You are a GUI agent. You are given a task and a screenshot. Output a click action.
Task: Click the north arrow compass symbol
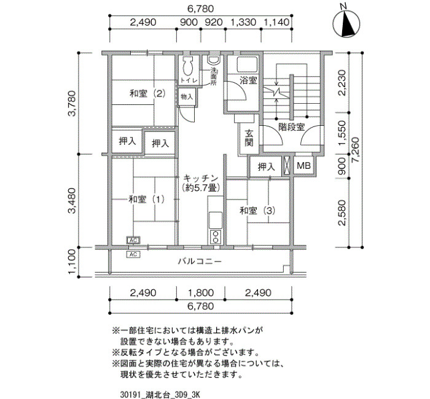tap(346, 23)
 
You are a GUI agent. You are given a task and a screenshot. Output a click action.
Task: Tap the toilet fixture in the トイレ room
tap(188, 66)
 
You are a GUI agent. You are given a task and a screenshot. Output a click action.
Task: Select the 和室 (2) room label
tap(147, 94)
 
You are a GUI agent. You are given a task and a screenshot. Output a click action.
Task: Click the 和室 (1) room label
tap(147, 199)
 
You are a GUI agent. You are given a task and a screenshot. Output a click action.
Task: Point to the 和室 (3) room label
tap(257, 211)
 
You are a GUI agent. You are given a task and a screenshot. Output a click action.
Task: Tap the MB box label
tap(303, 166)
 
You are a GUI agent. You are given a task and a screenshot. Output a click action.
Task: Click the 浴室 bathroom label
tap(248, 80)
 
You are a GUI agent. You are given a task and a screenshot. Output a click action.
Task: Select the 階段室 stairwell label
tap(292, 127)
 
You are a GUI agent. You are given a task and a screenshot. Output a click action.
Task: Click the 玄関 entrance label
tap(249, 138)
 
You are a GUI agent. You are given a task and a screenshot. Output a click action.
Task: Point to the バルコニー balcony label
tap(200, 261)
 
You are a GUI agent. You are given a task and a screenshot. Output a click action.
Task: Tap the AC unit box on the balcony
tap(133, 254)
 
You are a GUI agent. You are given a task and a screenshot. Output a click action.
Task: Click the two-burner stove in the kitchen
tap(216, 237)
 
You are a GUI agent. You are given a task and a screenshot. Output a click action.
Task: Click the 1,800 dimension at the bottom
tap(201, 293)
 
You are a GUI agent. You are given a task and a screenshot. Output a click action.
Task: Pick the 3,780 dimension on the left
tap(72, 103)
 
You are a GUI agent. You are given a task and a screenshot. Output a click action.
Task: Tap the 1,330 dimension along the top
tap(243, 22)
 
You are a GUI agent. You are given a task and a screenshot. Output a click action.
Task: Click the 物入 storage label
tap(187, 97)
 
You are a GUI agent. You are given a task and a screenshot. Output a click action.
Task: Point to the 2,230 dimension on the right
tap(342, 82)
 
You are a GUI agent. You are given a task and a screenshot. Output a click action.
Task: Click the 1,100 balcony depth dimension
tap(72, 261)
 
